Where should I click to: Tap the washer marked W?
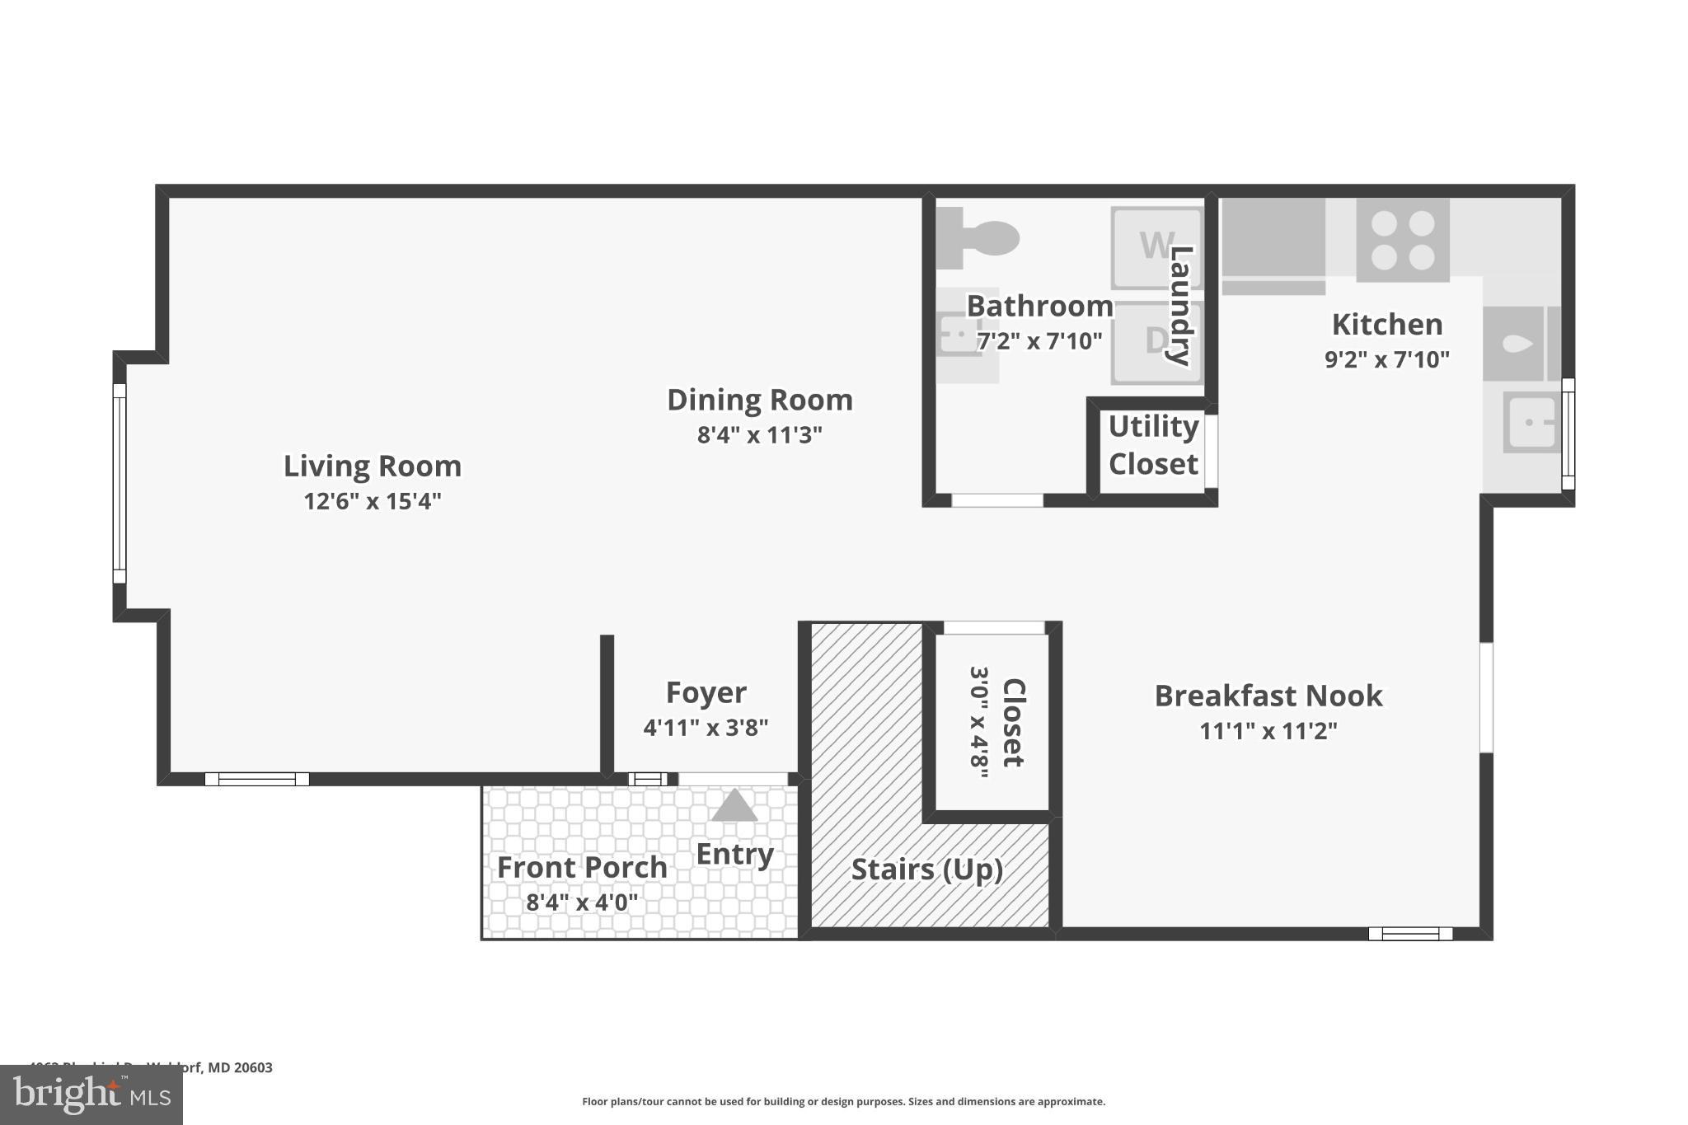(x=1154, y=246)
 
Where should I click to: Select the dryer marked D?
(x=1154, y=341)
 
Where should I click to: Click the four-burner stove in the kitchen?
(x=1402, y=240)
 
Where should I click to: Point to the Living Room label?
(x=373, y=466)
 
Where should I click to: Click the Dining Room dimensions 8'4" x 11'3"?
(x=759, y=435)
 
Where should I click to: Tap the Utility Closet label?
(x=1152, y=446)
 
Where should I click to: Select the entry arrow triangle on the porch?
(x=734, y=806)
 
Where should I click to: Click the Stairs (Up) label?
(x=926, y=870)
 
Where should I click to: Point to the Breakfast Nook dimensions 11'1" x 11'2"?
(x=1268, y=731)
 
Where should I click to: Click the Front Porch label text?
(x=582, y=868)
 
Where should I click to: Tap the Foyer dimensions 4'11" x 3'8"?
(x=706, y=728)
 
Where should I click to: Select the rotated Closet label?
(x=1013, y=723)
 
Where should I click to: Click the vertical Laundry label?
(x=1180, y=305)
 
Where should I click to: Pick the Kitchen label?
(x=1387, y=325)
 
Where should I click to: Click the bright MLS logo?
(x=91, y=1095)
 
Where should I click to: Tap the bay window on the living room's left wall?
(x=120, y=484)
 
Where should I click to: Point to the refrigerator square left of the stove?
(x=1273, y=239)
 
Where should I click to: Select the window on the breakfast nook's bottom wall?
(x=1410, y=933)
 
